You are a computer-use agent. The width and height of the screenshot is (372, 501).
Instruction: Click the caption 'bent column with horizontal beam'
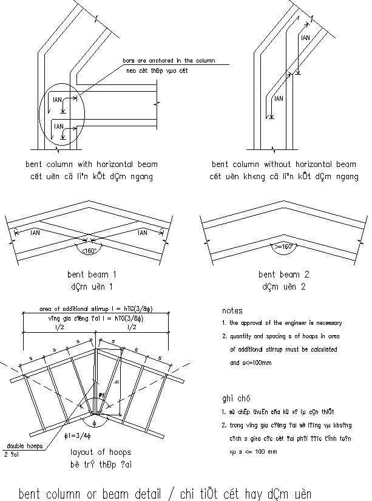pos(92,164)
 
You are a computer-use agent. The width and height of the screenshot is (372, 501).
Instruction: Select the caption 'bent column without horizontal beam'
pos(283,164)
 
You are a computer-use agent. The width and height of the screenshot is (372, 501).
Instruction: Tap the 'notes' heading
pos(232,310)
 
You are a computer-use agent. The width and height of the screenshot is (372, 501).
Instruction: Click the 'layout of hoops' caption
pos(100,452)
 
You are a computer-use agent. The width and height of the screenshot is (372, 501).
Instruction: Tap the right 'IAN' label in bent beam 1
pos(143,232)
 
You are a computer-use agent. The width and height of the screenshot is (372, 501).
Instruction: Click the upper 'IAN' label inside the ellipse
pos(58,98)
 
